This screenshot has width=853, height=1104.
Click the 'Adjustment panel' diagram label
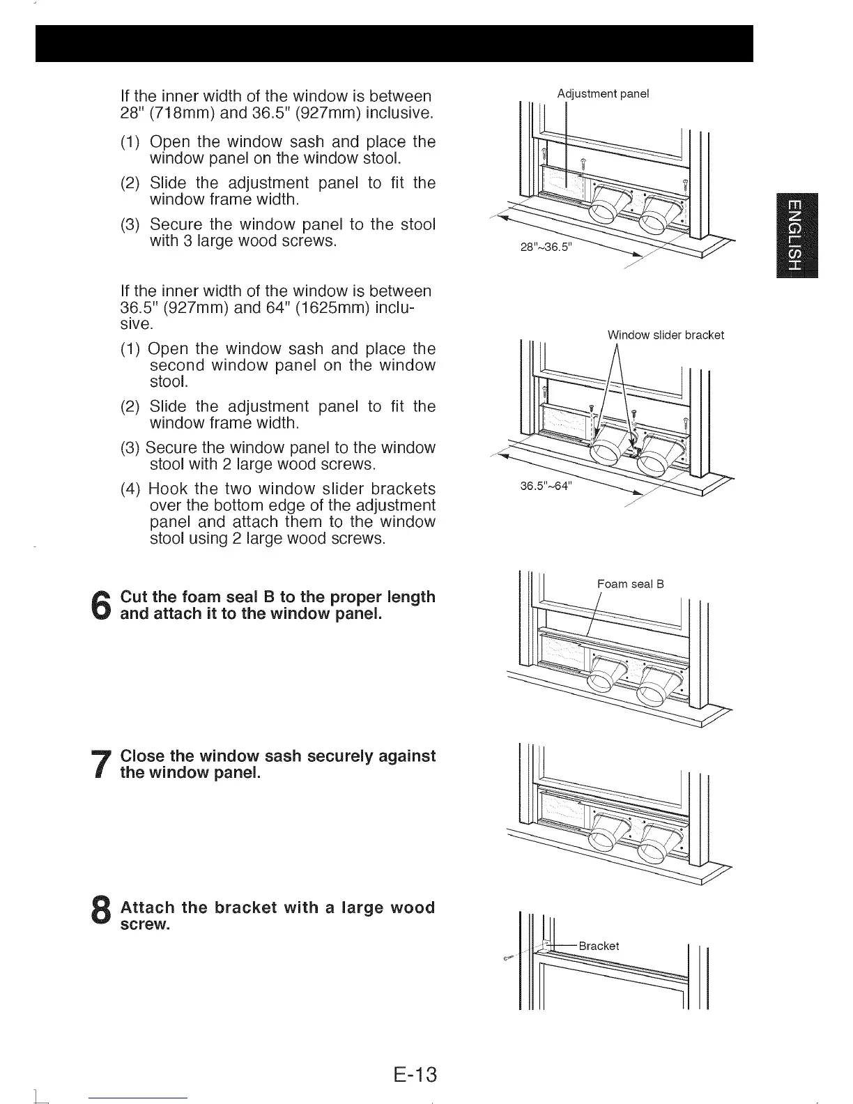(603, 93)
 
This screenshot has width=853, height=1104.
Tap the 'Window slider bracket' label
(666, 335)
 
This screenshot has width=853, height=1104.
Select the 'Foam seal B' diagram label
(630, 584)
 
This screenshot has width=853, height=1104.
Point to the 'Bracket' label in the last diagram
(599, 946)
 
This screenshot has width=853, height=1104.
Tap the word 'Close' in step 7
(143, 756)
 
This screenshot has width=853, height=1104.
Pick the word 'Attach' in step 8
(148, 908)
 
